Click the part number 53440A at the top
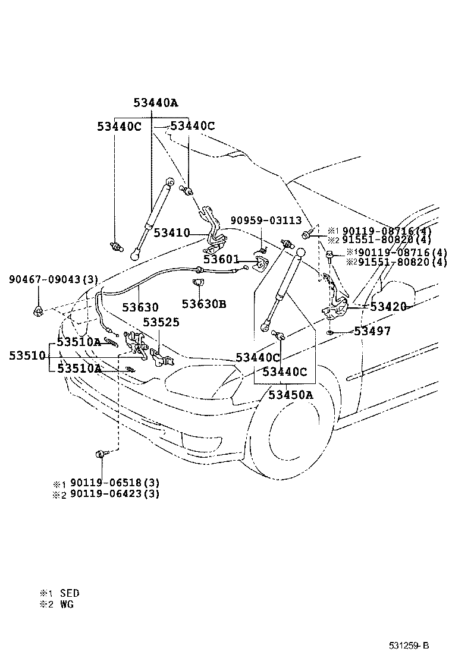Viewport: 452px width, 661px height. pos(156,102)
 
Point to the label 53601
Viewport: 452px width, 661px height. pos(221,259)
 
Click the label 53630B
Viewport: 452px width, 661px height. pos(204,304)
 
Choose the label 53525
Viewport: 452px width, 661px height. pos(161,322)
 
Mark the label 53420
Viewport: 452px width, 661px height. pos(388,307)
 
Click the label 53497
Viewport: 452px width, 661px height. pos(372,331)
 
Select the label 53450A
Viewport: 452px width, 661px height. pos(290,394)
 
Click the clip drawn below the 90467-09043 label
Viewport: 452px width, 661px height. pos(38,310)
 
